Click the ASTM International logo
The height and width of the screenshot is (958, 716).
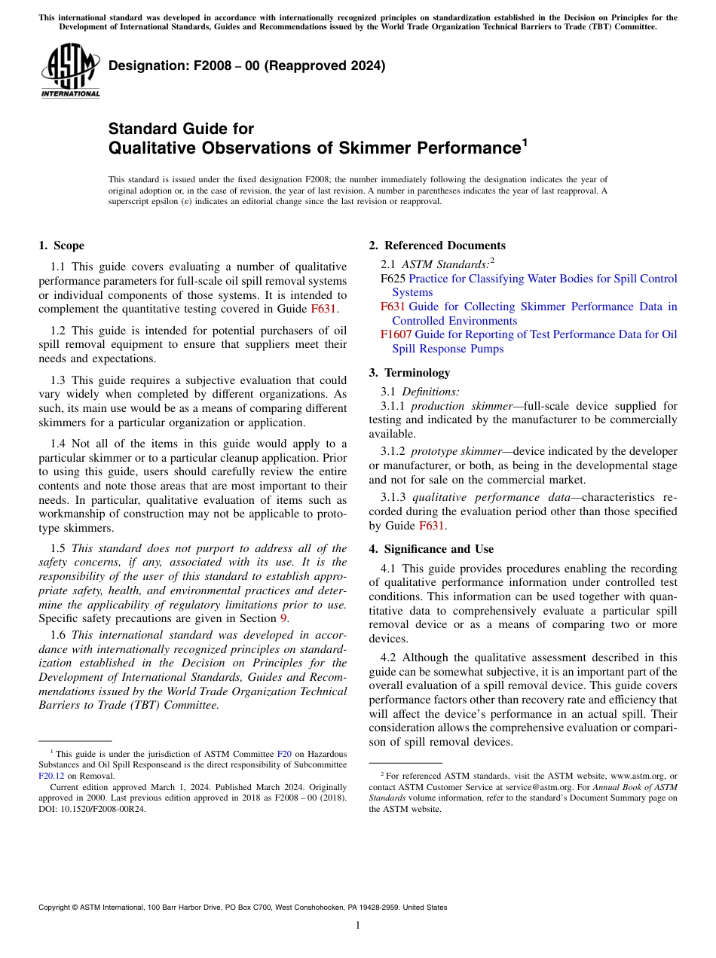pyautogui.click(x=70, y=70)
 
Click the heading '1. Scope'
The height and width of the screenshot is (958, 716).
pyautogui.click(x=61, y=246)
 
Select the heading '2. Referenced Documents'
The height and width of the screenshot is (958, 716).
pyautogui.click(x=437, y=246)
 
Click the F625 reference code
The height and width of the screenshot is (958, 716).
pyautogui.click(x=393, y=279)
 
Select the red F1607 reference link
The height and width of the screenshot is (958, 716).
pyautogui.click(x=396, y=334)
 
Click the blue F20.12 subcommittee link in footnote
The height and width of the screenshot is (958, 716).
pyautogui.click(x=50, y=775)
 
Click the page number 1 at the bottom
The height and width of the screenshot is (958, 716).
pyautogui.click(x=358, y=925)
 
